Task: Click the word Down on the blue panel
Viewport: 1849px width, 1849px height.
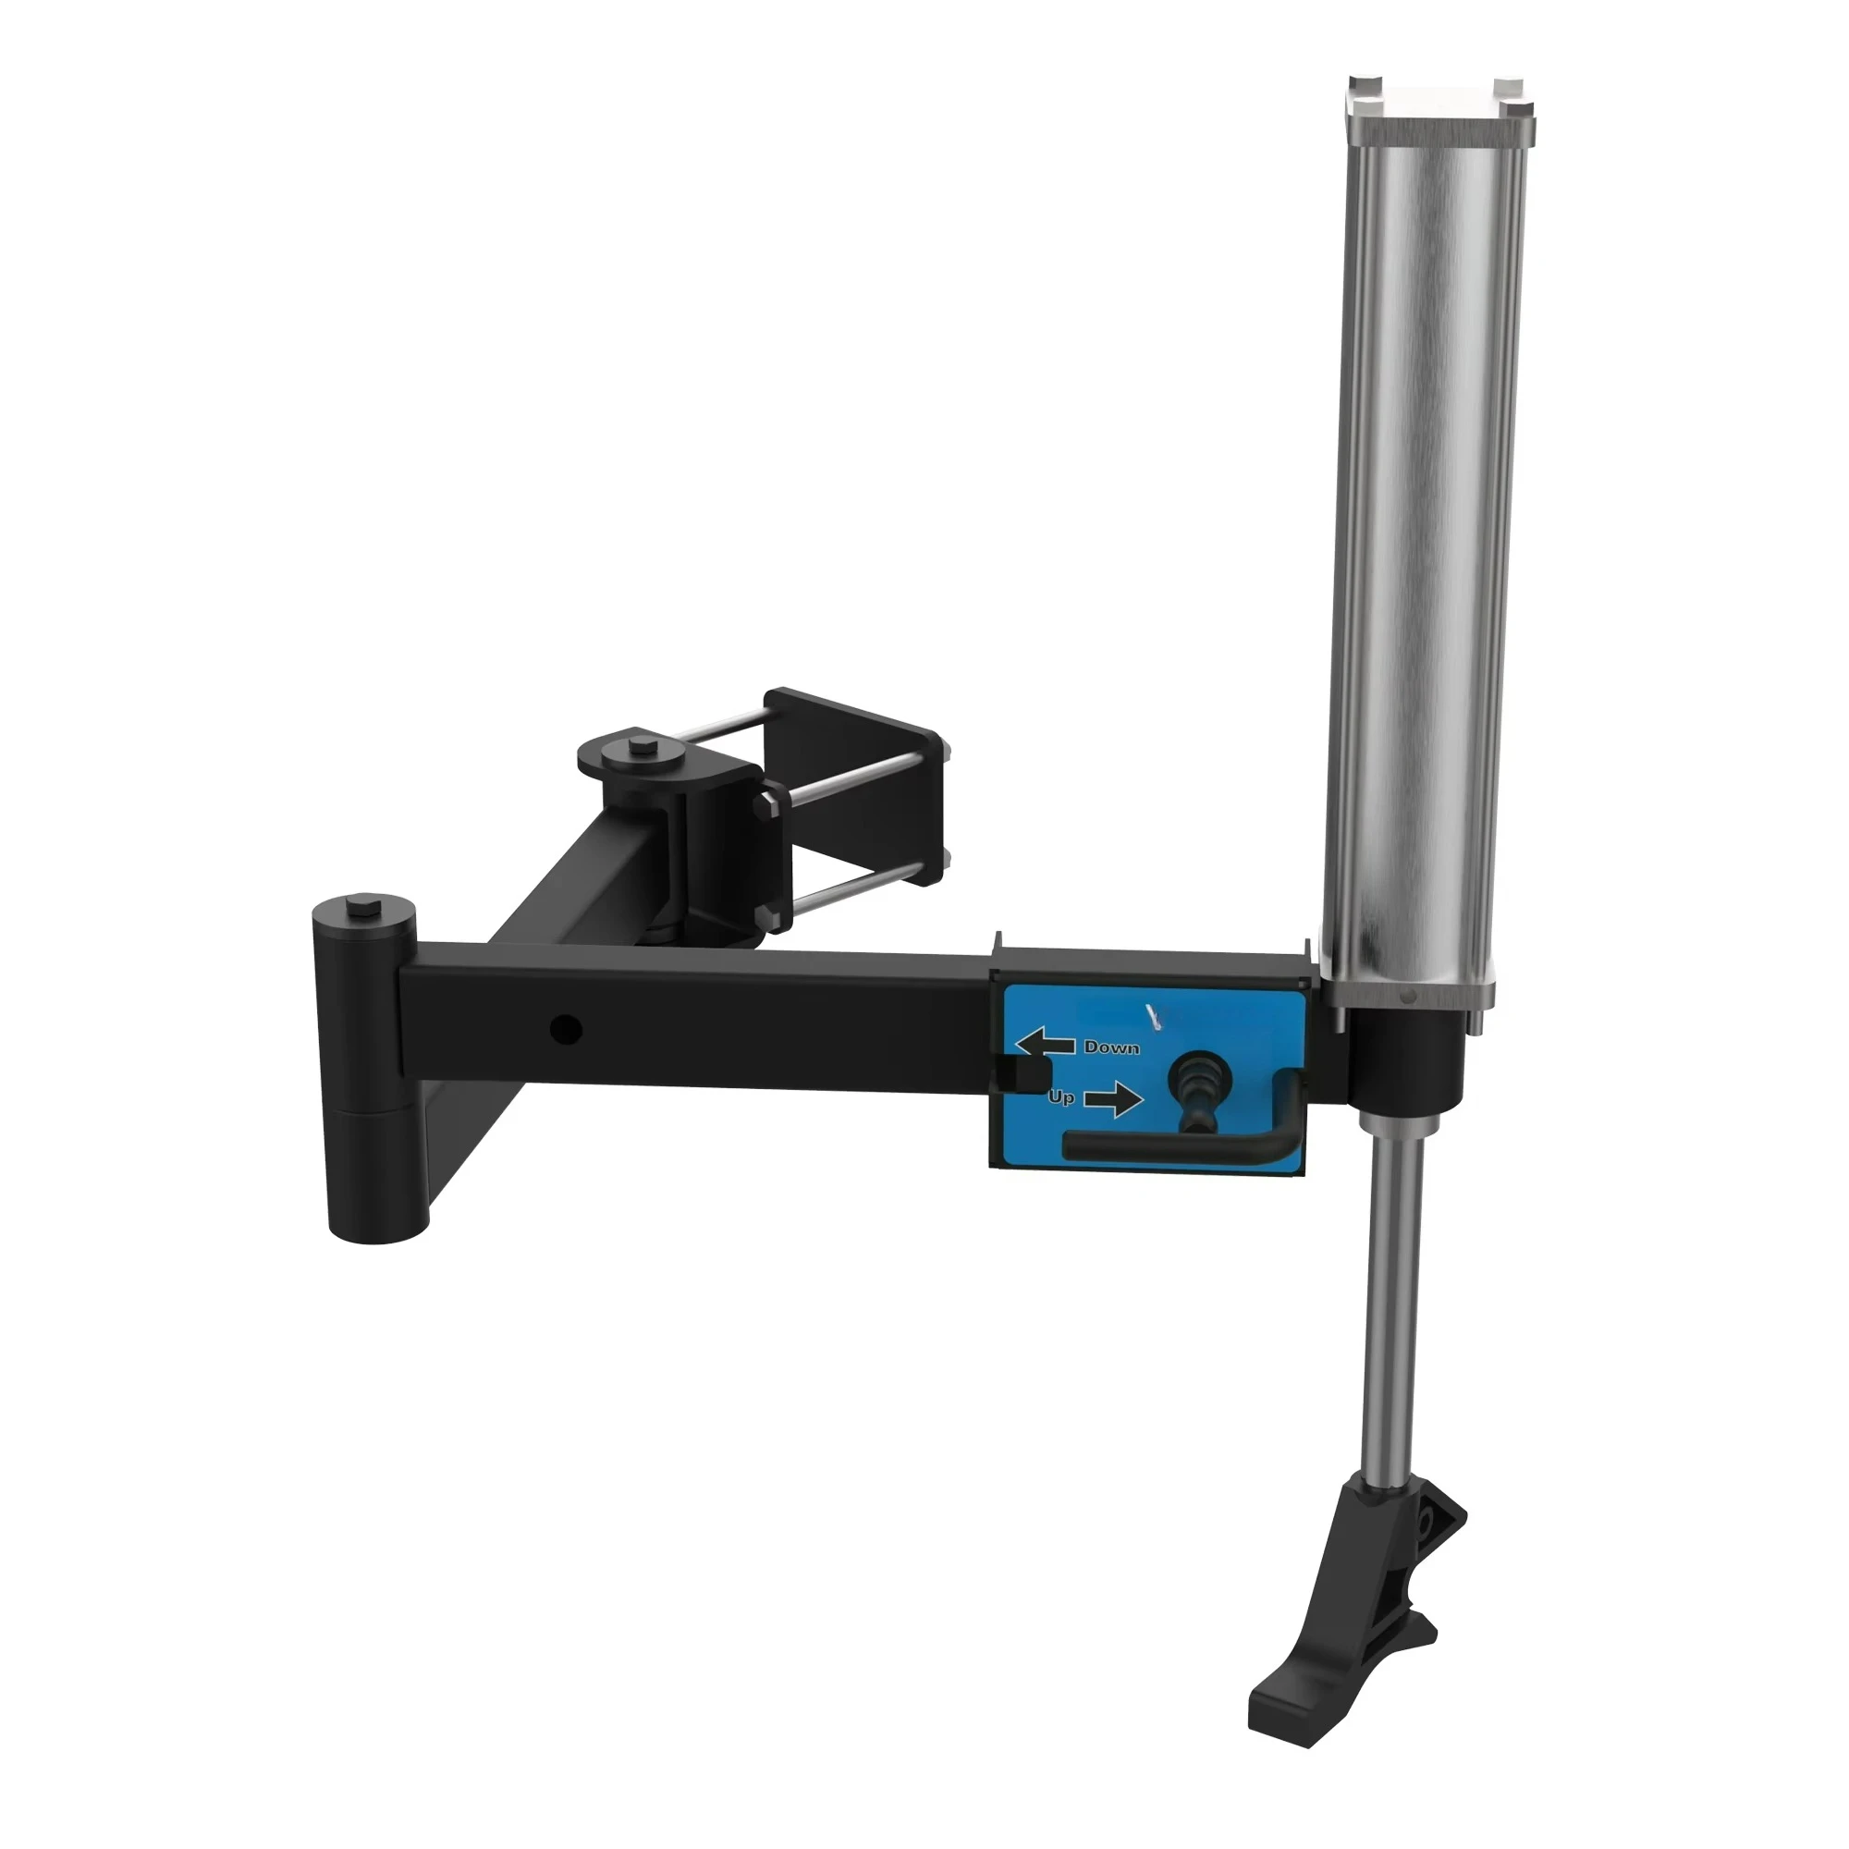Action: [x=1111, y=1048]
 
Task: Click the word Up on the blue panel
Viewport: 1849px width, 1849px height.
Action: [x=1061, y=1096]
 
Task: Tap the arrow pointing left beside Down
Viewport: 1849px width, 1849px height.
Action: [x=1044, y=1043]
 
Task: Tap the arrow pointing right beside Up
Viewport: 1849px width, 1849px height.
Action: [x=1113, y=1100]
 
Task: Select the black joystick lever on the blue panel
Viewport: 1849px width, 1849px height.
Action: [x=1196, y=1090]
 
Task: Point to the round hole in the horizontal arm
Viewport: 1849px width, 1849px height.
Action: [x=566, y=1030]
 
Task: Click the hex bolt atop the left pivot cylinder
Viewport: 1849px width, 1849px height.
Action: [x=362, y=905]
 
